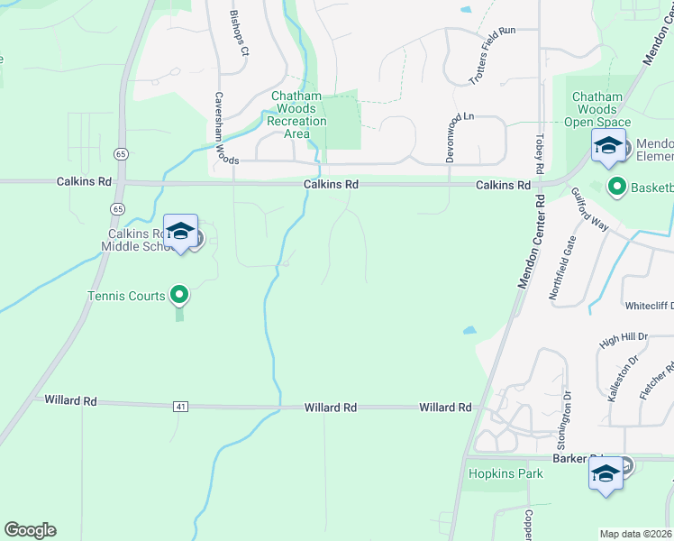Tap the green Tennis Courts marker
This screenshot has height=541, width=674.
tap(179, 294)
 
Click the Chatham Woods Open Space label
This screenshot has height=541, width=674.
tap(597, 109)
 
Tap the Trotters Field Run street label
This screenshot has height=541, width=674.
tap(491, 56)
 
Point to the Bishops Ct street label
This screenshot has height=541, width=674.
tap(238, 32)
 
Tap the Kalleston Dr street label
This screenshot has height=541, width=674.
tap(619, 377)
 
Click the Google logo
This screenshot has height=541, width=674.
tap(30, 530)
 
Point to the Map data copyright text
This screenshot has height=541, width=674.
tap(636, 534)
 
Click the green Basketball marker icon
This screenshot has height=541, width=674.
tap(617, 188)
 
